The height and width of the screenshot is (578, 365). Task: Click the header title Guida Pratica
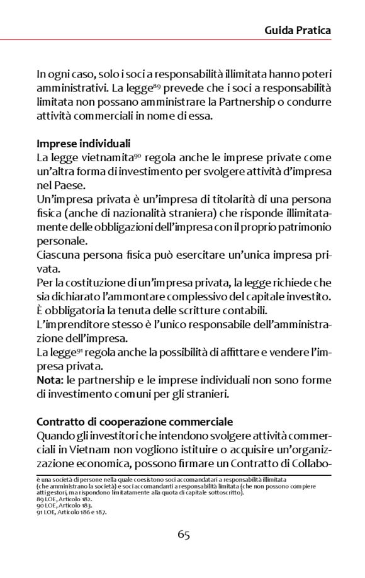coord(297,30)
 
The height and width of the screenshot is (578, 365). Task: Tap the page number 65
coord(184,535)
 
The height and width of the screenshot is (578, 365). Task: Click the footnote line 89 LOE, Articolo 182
coord(64,497)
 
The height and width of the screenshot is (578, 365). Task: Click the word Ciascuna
coord(57,256)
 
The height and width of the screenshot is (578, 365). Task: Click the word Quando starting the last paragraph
coord(55,436)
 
